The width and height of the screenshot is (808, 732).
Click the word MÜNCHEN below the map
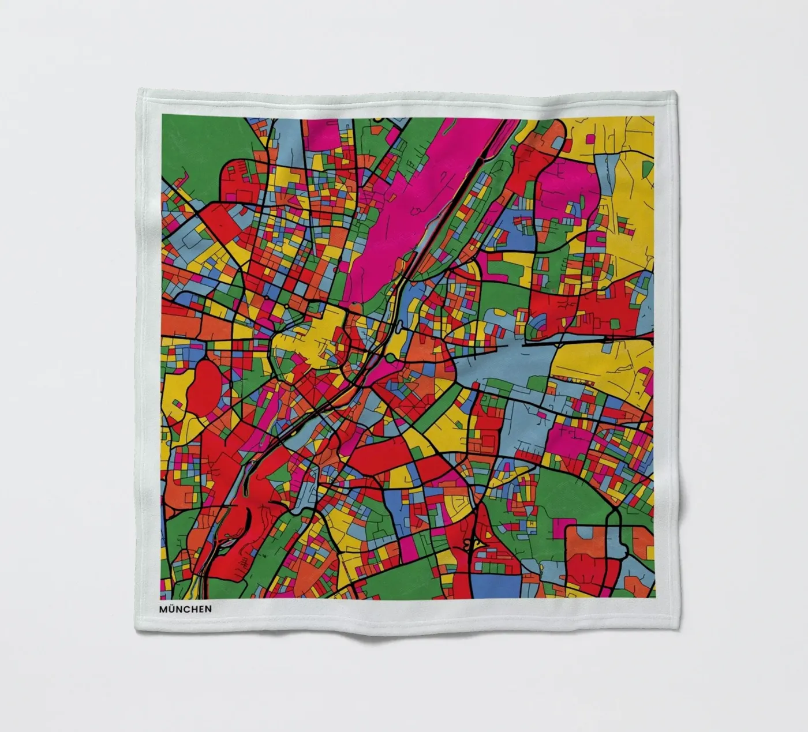coord(186,609)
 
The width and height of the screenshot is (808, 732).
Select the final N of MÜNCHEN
coord(208,609)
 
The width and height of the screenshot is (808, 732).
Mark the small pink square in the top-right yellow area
coord(590,138)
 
